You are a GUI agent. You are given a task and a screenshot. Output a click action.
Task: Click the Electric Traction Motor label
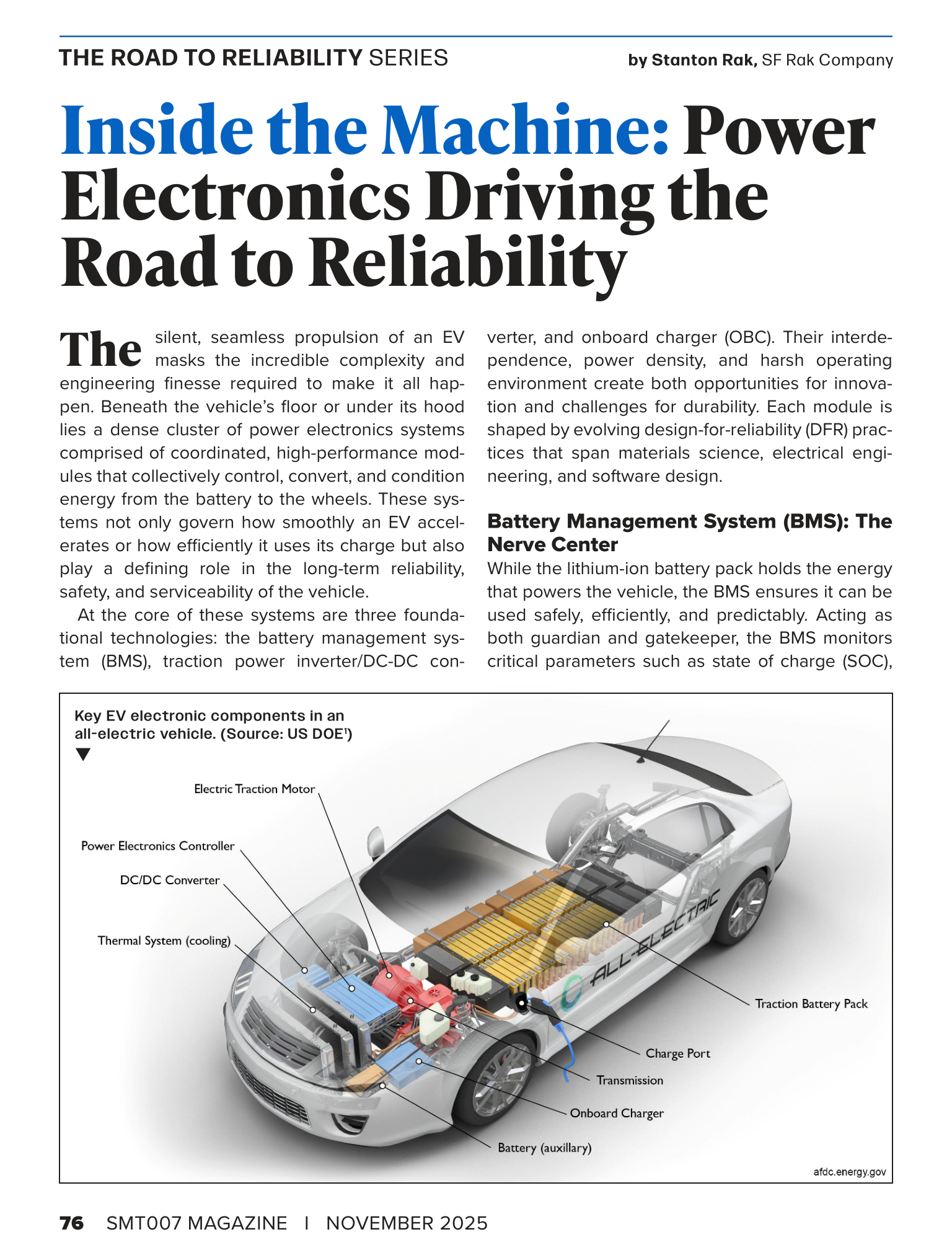[x=254, y=789]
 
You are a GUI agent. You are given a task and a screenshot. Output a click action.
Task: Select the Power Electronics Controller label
[x=157, y=846]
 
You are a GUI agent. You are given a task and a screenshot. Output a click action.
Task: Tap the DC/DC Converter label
[x=169, y=880]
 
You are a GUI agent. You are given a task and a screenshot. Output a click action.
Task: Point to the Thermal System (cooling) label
[x=164, y=941]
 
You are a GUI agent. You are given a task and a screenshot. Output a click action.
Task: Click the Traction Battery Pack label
[x=811, y=1004]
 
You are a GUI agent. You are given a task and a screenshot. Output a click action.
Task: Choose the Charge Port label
[x=677, y=1053]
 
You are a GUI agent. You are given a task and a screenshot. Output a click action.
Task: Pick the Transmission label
[x=629, y=1080]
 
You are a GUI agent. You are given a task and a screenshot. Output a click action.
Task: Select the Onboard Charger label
[x=616, y=1113]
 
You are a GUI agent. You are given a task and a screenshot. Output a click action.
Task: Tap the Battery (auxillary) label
[x=544, y=1148]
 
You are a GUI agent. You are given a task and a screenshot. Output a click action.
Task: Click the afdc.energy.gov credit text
[x=849, y=1172]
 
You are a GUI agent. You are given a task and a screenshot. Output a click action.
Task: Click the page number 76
[x=72, y=1223]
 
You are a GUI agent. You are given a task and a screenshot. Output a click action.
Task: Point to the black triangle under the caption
[x=82, y=755]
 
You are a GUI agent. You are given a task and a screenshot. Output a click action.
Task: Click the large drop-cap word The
[x=101, y=350]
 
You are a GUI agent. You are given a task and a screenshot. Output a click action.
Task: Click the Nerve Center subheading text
[x=552, y=544]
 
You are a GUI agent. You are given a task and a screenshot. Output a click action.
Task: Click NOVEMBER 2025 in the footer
[x=407, y=1223]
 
